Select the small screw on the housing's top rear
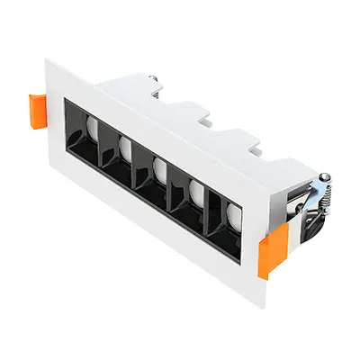click(x=157, y=82)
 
